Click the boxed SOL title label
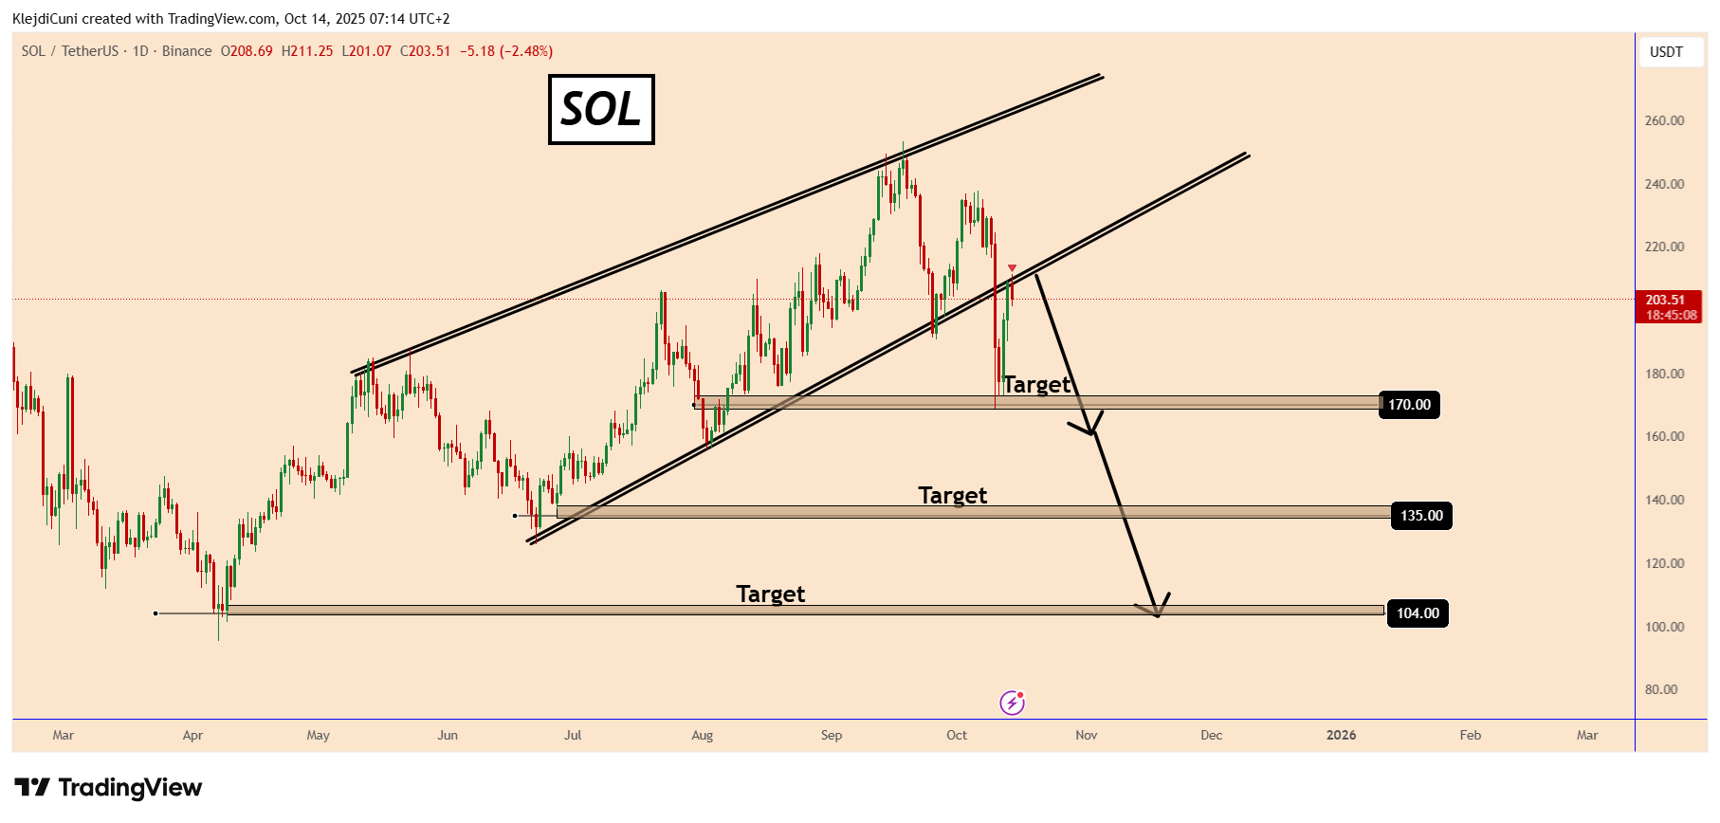coord(601,109)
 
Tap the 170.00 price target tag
coord(1409,405)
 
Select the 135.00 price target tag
coord(1421,516)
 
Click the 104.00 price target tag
coord(1418,613)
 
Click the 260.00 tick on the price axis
coord(1664,120)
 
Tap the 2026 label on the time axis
coord(1341,735)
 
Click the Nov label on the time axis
coord(1087,735)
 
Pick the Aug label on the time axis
coord(702,735)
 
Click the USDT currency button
coord(1666,52)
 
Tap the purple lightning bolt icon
coord(1012,703)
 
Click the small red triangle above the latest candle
coord(1012,269)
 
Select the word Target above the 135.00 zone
coord(952,496)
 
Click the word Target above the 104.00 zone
coord(770,594)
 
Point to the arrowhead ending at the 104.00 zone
coord(1158,612)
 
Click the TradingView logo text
coord(130,788)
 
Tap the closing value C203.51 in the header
coord(425,51)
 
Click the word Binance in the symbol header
coord(187,51)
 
